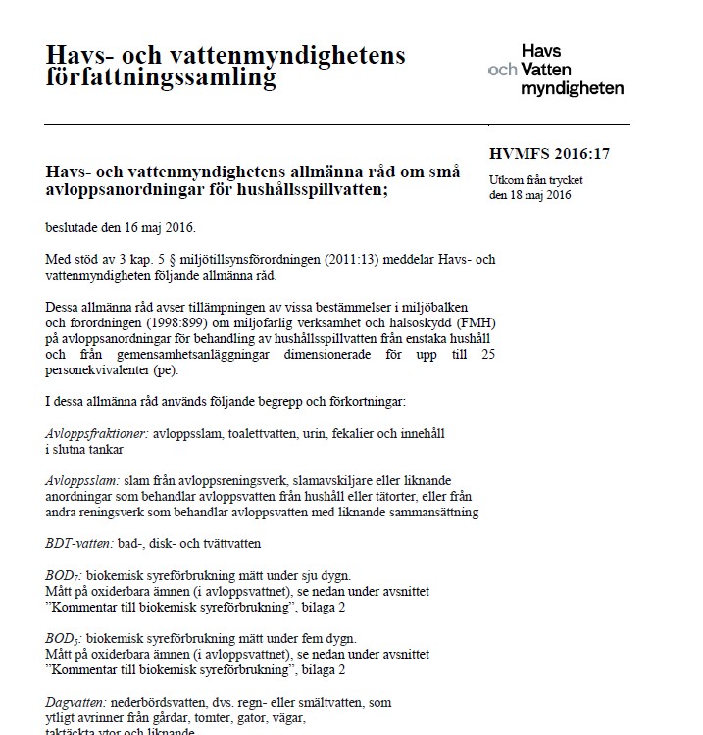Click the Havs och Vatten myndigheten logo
click(x=557, y=70)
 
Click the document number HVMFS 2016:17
click(x=549, y=153)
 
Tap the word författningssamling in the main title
click(x=162, y=77)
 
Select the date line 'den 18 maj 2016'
click(x=529, y=194)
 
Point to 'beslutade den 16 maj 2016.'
click(x=121, y=228)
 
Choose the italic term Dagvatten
click(x=76, y=702)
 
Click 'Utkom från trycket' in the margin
click(x=535, y=179)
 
